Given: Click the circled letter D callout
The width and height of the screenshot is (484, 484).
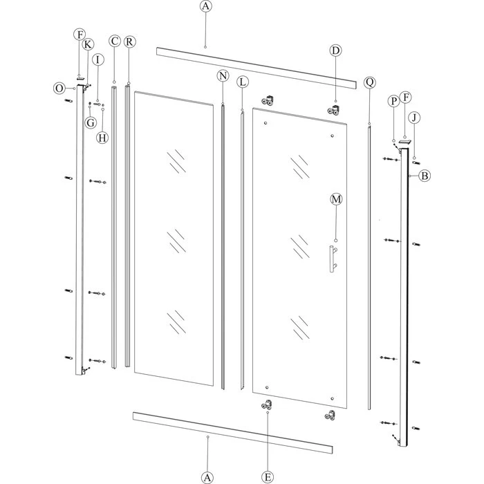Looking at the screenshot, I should point(335,50).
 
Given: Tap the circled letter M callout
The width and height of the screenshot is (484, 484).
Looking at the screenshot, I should point(336,199).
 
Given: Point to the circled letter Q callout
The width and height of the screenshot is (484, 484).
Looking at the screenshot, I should point(369,82).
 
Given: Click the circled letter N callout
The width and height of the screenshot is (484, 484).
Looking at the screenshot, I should point(223,76).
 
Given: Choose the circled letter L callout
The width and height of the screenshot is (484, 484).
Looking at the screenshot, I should point(242,82).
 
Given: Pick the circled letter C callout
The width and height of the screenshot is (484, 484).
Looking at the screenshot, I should point(115,41).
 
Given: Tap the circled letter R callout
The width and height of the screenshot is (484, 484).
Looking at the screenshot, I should point(130,41).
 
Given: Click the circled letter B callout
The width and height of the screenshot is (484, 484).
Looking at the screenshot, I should point(424,176).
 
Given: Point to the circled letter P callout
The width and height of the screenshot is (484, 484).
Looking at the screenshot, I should point(393,101).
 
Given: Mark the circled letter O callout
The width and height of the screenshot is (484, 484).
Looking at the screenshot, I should point(59,88).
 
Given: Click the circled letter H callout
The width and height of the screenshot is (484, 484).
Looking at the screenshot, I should point(102,137).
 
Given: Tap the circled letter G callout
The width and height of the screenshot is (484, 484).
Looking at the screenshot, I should point(90,122).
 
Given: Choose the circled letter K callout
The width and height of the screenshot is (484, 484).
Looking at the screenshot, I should point(89,44).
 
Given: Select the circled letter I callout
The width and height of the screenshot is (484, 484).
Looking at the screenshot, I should point(98,60).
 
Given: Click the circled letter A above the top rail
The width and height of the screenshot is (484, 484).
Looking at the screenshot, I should point(205,7).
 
